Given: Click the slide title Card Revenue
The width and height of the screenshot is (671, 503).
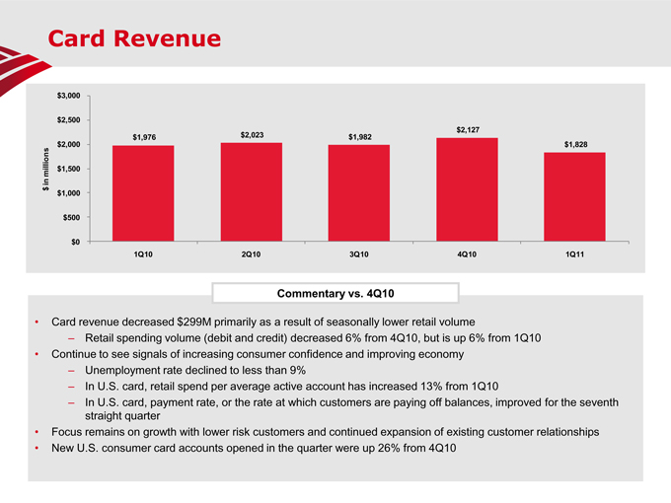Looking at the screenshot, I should coord(135,39).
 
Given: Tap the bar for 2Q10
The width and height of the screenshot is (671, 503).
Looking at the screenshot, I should coord(251,191).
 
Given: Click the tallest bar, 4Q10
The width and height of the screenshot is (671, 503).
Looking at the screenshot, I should coord(467,188).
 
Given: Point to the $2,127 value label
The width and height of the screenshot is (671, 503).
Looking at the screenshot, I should coord(468,130).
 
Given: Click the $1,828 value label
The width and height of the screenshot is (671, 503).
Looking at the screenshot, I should coord(575,145).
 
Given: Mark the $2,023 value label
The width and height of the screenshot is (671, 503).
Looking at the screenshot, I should coord(252,134).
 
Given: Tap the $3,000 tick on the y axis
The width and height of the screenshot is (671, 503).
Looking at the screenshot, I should coord(69,96).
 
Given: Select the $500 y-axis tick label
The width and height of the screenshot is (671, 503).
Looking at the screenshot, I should coord(71,217).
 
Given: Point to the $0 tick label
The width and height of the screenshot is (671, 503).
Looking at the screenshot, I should coord(75,242).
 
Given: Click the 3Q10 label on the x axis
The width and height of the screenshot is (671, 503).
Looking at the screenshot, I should coord(359,255).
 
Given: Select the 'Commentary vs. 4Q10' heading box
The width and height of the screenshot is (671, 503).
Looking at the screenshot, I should coord(335,292).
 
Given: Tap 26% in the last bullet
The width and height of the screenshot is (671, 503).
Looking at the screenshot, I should coord(378,450).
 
